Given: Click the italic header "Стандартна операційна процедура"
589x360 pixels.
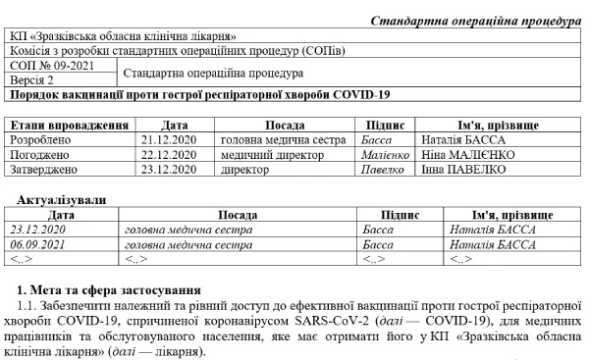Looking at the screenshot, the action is pos(478,21).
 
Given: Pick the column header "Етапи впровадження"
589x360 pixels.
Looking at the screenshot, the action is pos(69,127).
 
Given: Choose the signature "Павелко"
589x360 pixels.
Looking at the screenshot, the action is pos(381,169).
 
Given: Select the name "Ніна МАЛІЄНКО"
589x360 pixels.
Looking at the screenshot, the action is pos(468,155).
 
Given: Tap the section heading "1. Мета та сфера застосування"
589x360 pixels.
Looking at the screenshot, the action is pos(110,290).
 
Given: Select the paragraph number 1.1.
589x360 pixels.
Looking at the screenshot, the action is pos(28,306).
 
